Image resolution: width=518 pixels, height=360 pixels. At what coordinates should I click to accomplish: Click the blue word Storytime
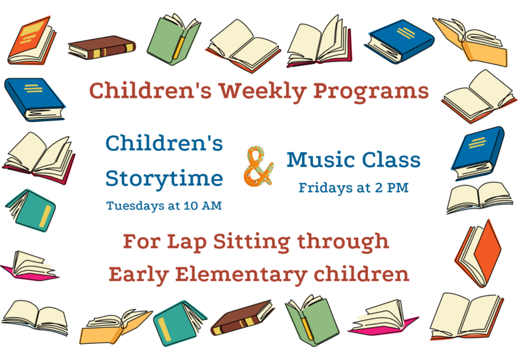(164, 178)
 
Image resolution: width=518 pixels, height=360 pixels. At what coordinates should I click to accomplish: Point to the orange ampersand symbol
(259, 166)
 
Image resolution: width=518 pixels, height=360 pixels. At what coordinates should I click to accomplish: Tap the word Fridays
(326, 188)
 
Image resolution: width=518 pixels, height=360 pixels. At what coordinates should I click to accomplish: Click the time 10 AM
(202, 206)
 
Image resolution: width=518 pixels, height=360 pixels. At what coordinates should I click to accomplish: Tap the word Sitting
(251, 242)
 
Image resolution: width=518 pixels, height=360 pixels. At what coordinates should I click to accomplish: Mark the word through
(343, 242)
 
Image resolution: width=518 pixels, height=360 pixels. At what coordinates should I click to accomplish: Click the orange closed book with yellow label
(31, 40)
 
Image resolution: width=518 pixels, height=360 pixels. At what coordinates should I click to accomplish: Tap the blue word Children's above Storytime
(164, 143)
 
